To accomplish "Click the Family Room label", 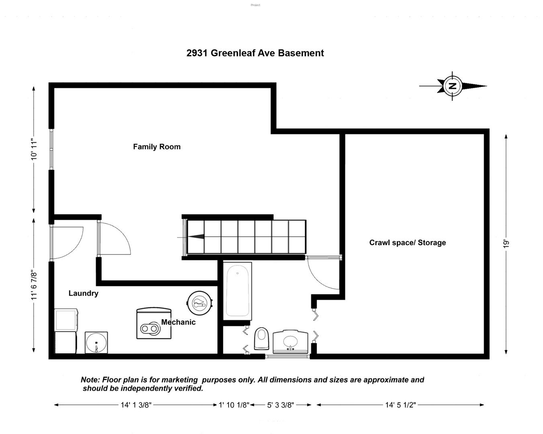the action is [157, 147].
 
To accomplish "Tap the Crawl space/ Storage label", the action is [408, 242].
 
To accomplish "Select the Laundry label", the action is [83, 293].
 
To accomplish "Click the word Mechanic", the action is [178, 322].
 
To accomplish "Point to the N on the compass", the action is [453, 86].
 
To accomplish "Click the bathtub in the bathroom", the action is [237, 291].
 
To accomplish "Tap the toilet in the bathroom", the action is [261, 338].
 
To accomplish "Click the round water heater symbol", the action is [200, 303].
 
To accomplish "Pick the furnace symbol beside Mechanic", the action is [154, 323].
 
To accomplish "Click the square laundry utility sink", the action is [96, 342].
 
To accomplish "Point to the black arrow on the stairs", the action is [196, 237].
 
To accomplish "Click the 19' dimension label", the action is [506, 244].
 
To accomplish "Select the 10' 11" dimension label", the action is [34, 149].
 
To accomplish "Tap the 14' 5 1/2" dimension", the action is [400, 405].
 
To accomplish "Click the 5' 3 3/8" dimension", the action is [281, 405].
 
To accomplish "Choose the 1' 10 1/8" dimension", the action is [234, 405].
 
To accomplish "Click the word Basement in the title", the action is [301, 53].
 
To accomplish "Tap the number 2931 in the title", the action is [197, 53].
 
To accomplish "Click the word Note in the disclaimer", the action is [90, 380].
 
